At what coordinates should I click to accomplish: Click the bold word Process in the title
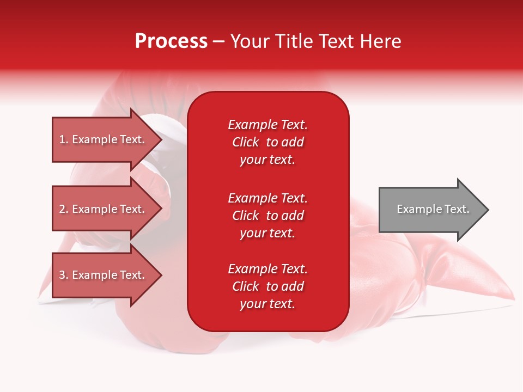pos(171,41)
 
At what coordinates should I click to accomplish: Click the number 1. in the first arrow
pos(64,139)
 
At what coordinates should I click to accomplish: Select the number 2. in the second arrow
pos(64,209)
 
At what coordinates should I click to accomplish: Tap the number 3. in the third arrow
pos(64,275)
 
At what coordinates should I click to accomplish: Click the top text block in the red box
pos(267,142)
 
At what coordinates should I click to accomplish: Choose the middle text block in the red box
pos(267,216)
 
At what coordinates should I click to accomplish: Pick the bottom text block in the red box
pos(267,286)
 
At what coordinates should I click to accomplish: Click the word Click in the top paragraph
pos(245,142)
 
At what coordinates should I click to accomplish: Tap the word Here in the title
pos(381,41)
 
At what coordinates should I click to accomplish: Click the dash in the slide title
pos(218,42)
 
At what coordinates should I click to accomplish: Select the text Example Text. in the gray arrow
pos(433,209)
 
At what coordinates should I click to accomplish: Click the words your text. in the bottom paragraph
pos(267,304)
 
